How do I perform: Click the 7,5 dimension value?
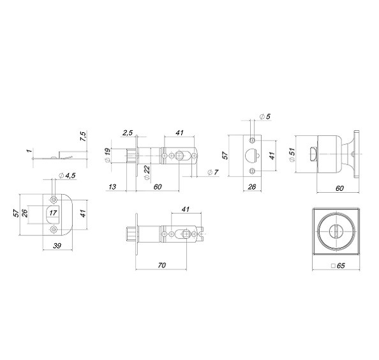[83, 136]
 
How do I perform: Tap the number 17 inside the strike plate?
[53, 213]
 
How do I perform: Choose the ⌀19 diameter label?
[108, 154]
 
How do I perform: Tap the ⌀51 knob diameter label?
[291, 155]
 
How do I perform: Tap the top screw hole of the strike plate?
[54, 197]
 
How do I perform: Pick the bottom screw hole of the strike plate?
[54, 228]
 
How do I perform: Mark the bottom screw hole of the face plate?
[253, 170]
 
